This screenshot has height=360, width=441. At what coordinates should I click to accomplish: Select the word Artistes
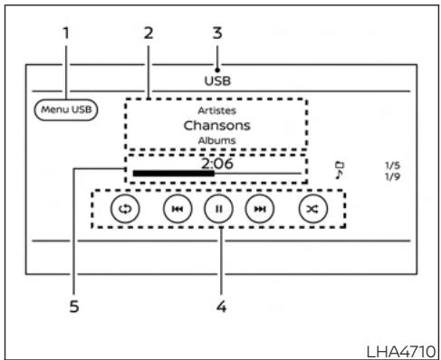[216, 109]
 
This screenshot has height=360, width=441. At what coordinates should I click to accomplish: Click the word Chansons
[216, 125]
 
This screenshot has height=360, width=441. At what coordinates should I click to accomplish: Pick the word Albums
[216, 141]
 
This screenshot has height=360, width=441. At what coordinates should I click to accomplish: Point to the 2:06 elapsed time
[217, 165]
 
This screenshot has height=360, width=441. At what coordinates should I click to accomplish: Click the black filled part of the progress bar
[172, 173]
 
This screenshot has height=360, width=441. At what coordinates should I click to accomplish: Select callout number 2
[149, 34]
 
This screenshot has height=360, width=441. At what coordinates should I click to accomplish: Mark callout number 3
[217, 34]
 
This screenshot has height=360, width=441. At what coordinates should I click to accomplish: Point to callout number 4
[221, 306]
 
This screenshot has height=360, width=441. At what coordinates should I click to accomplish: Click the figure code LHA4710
[404, 349]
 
